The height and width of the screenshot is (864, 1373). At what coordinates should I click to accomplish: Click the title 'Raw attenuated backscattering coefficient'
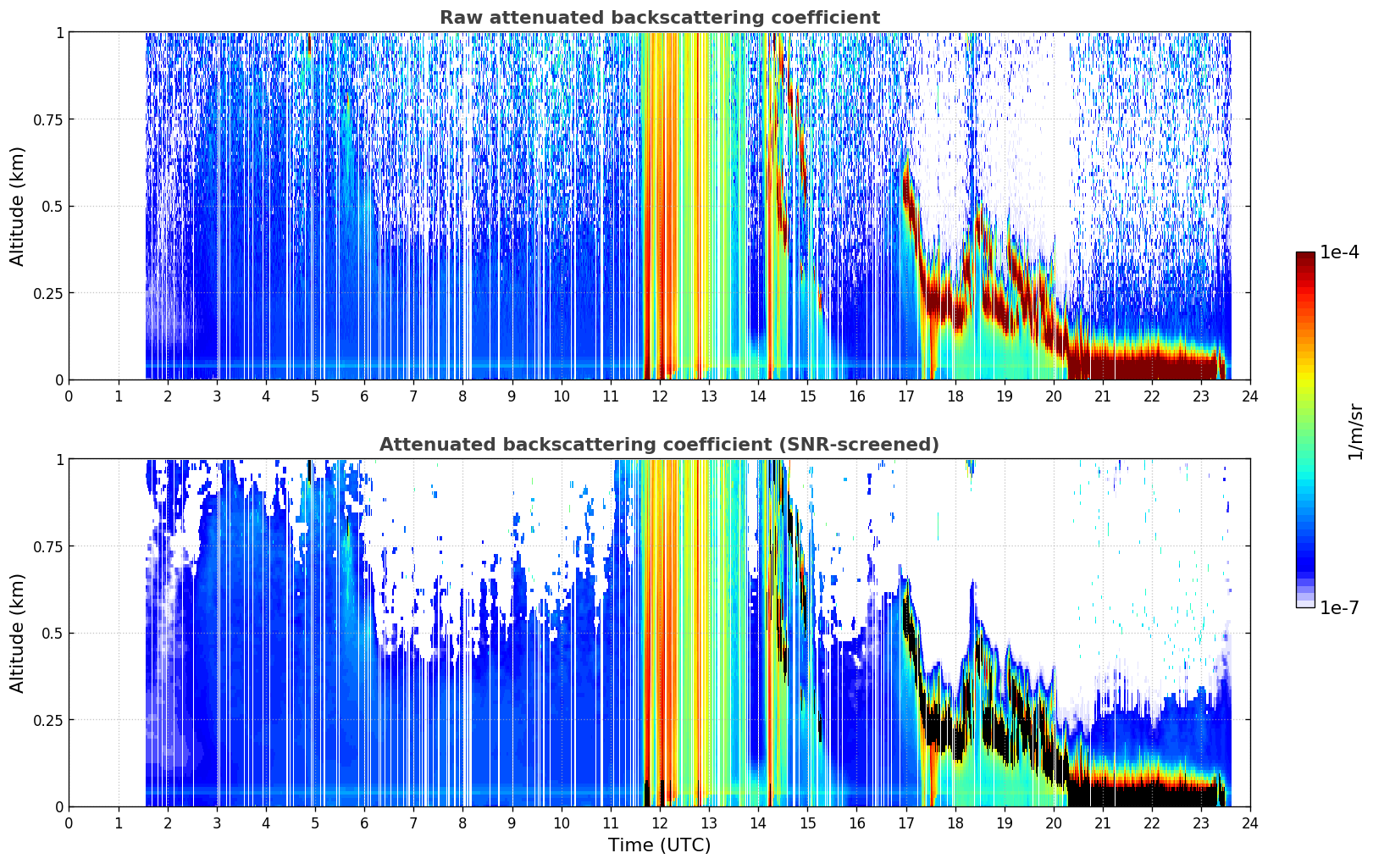660,17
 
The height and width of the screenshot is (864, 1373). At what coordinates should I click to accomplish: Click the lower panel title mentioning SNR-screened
659,444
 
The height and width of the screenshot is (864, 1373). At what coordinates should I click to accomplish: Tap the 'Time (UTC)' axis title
659,845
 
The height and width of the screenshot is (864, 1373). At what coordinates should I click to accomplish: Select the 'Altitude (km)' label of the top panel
17,206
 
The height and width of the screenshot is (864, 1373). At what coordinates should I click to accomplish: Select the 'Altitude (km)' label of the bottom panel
17,633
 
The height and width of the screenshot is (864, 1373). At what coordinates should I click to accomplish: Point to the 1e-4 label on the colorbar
1339,252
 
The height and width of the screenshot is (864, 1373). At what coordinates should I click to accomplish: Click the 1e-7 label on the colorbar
1339,607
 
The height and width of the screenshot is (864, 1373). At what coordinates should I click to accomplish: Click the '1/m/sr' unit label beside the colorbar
1355,431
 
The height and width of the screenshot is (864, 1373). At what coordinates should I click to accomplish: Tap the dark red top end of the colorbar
1305,256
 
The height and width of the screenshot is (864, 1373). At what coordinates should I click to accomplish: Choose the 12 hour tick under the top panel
660,396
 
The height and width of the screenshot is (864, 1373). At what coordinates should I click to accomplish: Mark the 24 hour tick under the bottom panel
1250,823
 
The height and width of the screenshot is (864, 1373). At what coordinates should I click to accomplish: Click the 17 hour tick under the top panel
905,396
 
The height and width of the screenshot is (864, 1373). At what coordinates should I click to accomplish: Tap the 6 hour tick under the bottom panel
364,823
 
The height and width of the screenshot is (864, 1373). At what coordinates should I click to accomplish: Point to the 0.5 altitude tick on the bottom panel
52,633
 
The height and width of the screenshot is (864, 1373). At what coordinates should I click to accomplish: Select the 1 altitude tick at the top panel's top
60,32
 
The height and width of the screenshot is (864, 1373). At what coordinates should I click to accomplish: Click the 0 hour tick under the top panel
69,396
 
